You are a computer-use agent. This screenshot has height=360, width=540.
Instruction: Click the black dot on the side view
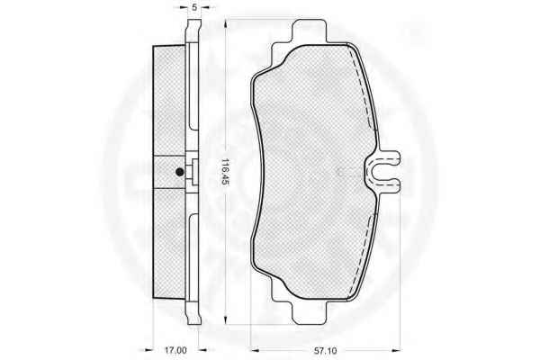pos(180,172)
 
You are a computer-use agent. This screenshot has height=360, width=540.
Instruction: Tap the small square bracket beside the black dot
pos(193,173)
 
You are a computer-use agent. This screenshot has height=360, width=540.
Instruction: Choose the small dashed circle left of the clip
pos(345,171)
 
